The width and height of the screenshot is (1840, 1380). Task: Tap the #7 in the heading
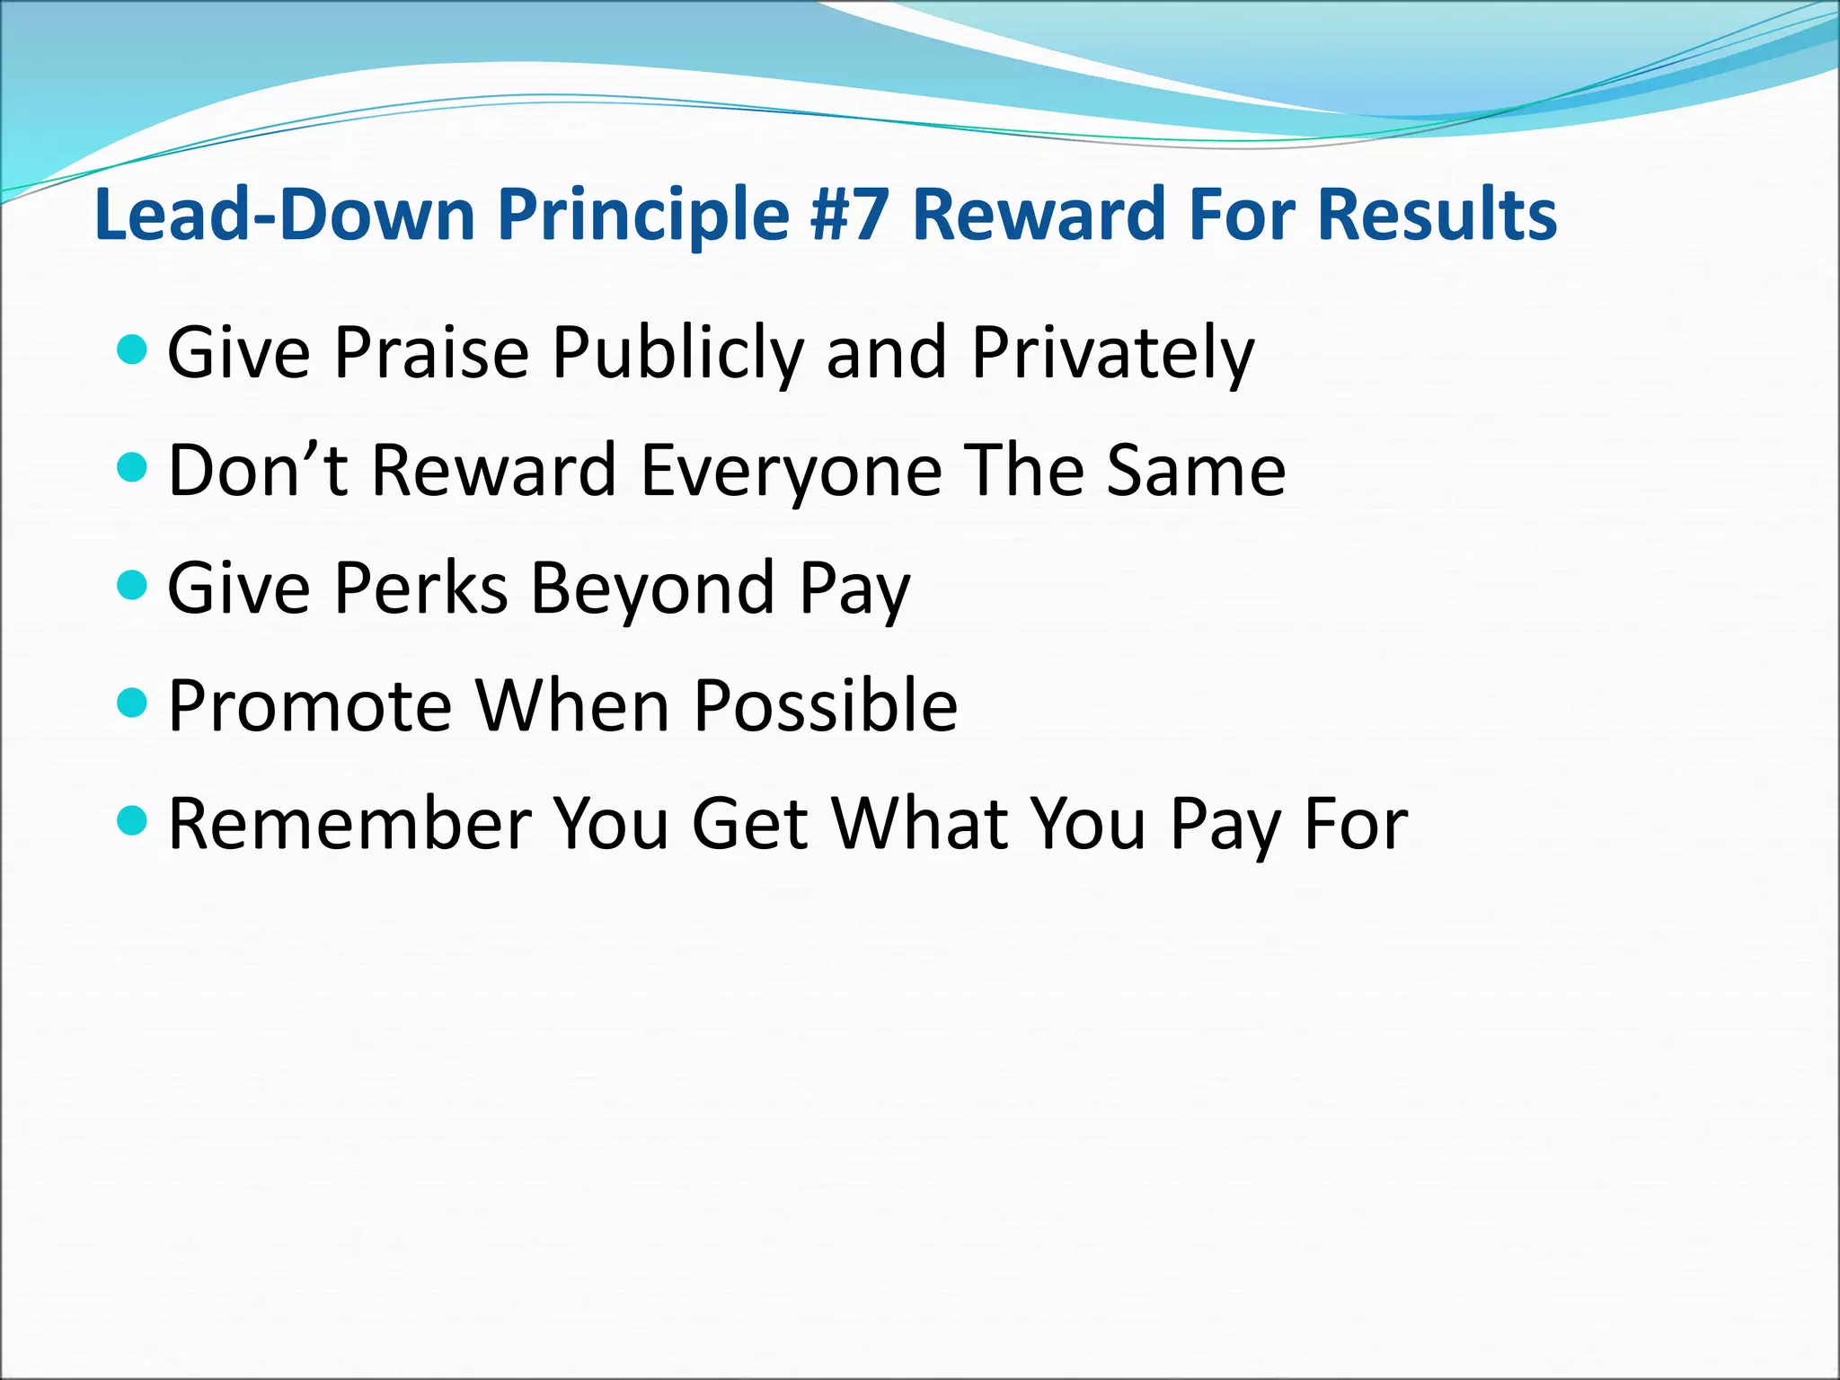click(849, 216)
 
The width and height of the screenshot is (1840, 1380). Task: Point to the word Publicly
click(677, 352)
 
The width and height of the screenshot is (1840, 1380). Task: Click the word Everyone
click(791, 470)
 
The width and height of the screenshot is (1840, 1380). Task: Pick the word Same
click(1196, 470)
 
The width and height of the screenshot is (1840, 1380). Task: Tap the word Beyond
click(652, 588)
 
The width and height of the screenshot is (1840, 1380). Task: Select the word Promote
click(310, 706)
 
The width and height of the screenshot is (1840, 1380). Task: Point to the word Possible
click(826, 706)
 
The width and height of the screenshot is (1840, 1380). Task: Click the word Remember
click(350, 824)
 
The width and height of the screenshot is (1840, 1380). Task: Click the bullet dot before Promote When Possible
click(132, 703)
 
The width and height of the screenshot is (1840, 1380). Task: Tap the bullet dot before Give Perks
click(132, 586)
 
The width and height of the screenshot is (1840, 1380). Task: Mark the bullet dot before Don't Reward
click(132, 467)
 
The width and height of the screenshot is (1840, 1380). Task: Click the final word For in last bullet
click(1356, 824)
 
